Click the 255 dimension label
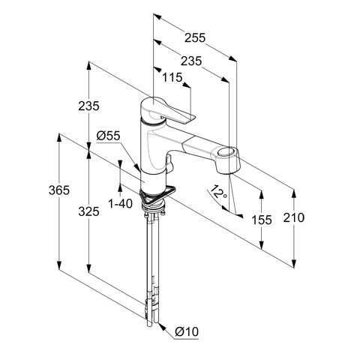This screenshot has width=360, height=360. [195, 37]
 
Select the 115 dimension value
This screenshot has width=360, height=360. [172, 77]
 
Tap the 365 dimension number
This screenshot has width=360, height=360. [59, 190]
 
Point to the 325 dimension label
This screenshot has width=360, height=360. [88, 211]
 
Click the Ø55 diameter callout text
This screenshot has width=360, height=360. [109, 136]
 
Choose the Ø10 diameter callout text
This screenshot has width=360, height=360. [187, 331]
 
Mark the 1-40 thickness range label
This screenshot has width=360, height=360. [120, 204]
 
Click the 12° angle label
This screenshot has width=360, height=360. [218, 192]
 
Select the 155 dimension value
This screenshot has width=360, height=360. [262, 220]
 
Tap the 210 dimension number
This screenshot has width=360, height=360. [294, 217]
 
